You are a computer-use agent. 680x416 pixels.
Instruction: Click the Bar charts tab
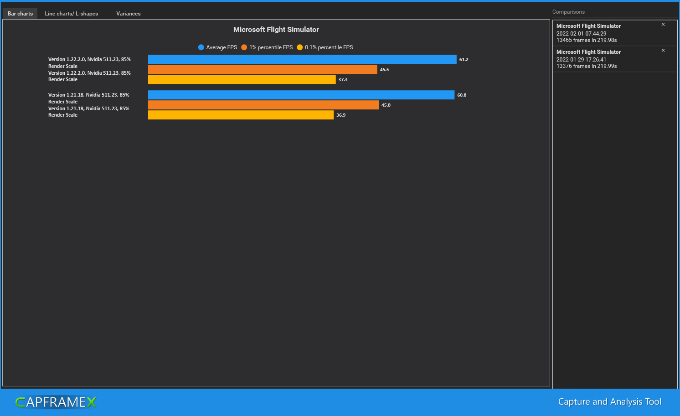pyautogui.click(x=20, y=14)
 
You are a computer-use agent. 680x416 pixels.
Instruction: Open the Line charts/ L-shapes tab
pyautogui.click(x=72, y=14)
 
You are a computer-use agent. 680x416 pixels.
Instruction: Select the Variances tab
pyautogui.click(x=129, y=14)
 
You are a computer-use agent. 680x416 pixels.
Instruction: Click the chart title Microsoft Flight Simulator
pyautogui.click(x=276, y=30)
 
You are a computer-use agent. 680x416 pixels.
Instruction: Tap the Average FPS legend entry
pyautogui.click(x=218, y=47)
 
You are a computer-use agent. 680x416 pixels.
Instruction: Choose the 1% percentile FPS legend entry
pyautogui.click(x=267, y=47)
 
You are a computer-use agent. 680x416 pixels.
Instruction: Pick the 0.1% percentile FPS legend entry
pyautogui.click(x=325, y=47)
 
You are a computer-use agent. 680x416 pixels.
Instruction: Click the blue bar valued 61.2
pyautogui.click(x=302, y=60)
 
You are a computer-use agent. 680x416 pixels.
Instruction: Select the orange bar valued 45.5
pyautogui.click(x=263, y=69)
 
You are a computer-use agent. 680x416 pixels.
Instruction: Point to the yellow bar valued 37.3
pyautogui.click(x=242, y=79)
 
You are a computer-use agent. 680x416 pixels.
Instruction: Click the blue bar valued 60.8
pyautogui.click(x=301, y=95)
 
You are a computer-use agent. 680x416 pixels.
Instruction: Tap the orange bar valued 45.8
pyautogui.click(x=263, y=105)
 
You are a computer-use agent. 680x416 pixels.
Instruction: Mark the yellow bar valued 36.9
pyautogui.click(x=241, y=115)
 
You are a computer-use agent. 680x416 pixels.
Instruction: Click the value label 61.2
pyautogui.click(x=464, y=60)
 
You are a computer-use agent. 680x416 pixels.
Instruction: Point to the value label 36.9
pyautogui.click(x=341, y=115)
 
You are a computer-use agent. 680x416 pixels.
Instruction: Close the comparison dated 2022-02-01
pyautogui.click(x=663, y=25)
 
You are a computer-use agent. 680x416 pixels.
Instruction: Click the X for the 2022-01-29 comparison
pyautogui.click(x=663, y=51)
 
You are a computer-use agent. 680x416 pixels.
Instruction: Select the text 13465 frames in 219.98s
pyautogui.click(x=587, y=40)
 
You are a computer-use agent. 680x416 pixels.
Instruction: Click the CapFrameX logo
pyautogui.click(x=56, y=402)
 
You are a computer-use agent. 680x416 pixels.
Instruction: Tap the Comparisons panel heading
pyautogui.click(x=568, y=12)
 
